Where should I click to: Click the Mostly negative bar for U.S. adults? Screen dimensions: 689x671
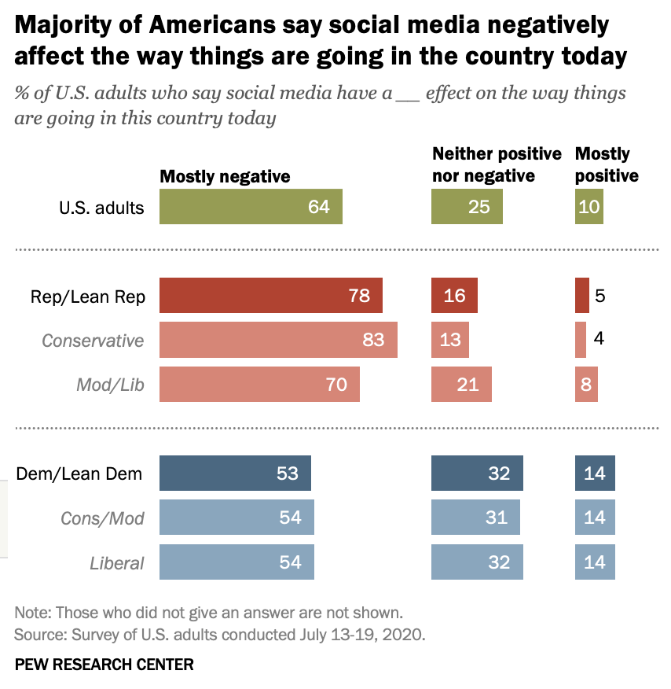(251, 207)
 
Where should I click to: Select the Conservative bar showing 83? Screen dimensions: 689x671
(278, 340)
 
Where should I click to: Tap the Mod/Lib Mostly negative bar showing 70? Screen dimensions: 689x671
(259, 385)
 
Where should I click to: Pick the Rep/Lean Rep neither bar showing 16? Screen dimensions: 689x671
(454, 296)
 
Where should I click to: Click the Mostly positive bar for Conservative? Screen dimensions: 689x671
(581, 340)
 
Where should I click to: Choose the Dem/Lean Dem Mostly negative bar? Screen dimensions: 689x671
(235, 473)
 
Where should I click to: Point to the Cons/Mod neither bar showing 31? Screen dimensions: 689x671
(475, 518)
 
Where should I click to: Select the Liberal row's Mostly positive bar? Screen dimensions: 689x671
(595, 562)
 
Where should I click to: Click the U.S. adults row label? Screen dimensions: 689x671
(102, 208)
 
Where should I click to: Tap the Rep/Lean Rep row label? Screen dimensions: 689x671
(88, 297)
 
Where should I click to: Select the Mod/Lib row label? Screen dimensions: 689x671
(110, 385)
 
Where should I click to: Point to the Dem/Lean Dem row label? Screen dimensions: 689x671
(79, 473)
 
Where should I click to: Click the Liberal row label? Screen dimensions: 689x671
(115, 563)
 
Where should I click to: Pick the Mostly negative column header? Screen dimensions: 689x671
(225, 176)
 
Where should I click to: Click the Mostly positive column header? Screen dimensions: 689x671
(606, 164)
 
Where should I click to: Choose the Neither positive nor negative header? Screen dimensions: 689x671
(497, 164)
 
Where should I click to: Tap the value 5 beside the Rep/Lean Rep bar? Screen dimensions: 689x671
(599, 296)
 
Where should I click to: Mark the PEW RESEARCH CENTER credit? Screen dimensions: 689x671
(104, 665)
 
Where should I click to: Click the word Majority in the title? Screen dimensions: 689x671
(61, 26)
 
